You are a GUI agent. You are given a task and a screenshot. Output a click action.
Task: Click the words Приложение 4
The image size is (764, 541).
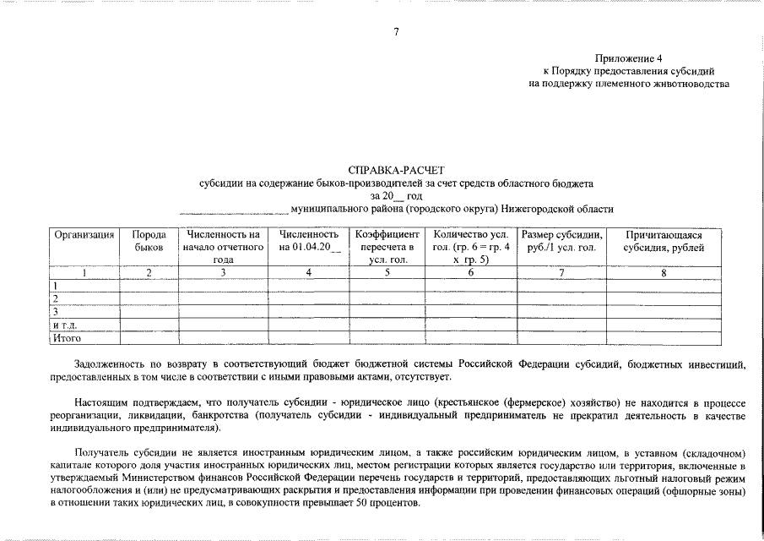629,58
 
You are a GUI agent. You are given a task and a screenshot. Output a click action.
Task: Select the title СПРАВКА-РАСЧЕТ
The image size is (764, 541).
395,170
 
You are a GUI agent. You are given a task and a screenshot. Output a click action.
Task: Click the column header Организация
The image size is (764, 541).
84,234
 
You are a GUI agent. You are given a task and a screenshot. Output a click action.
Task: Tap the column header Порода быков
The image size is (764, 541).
149,241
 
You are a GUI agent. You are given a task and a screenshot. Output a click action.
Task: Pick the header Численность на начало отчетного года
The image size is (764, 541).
223,247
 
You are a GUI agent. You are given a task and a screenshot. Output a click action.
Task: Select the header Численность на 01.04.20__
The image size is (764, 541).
309,241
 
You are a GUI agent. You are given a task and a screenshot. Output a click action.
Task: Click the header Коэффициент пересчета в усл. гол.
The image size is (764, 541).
387,247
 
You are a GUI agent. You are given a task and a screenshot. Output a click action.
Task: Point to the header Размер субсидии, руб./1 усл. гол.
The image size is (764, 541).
561,241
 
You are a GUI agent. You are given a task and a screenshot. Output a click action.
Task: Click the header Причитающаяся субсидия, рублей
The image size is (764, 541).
663,241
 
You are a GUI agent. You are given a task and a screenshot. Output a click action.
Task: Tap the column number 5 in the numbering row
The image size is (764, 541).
387,273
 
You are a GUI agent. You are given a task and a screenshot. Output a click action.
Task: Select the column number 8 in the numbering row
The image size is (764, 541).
664,273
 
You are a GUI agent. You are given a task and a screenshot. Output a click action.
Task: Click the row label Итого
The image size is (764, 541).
67,338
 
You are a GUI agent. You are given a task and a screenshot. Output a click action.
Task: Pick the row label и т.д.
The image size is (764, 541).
65,325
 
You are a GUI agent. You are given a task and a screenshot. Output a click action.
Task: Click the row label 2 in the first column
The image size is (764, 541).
56,299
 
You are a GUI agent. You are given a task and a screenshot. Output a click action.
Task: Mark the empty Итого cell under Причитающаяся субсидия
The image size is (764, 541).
664,338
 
